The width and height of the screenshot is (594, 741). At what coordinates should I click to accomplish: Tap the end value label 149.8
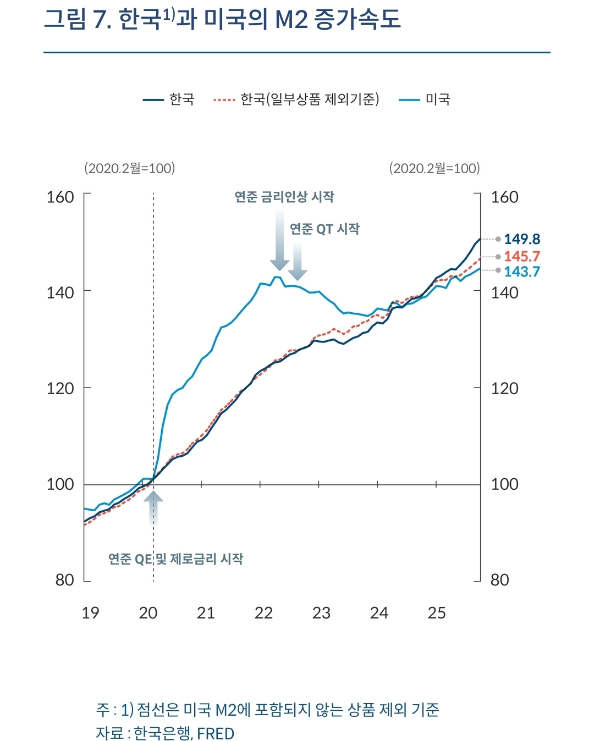pos(522,239)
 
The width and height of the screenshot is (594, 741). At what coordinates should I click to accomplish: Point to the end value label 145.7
pos(522,256)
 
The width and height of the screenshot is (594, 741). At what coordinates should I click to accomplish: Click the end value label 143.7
pos(522,272)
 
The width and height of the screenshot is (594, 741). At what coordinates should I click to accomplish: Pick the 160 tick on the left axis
pos(60,197)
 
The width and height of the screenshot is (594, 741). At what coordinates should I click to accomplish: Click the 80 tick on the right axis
pos(499,580)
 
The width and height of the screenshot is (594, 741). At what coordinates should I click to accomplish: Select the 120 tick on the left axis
pos(60,388)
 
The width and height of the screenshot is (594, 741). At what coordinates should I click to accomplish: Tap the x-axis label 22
pos(263,613)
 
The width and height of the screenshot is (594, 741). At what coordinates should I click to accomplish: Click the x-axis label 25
pos(437,613)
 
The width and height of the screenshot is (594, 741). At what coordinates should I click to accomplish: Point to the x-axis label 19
pos(90,613)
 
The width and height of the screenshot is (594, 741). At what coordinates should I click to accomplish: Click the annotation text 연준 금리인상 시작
pos(284,197)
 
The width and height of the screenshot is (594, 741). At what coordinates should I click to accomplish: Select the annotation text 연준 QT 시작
pos(324,229)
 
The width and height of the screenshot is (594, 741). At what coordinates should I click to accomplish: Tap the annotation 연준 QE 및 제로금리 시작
pos(175,559)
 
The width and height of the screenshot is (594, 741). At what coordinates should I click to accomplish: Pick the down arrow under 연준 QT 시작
pos(298,262)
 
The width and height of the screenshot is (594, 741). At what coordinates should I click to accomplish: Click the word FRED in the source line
pos(216,734)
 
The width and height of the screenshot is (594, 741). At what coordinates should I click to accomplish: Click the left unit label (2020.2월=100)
pos(129,168)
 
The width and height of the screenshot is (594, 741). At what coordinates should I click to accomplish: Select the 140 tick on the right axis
pos(504,292)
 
